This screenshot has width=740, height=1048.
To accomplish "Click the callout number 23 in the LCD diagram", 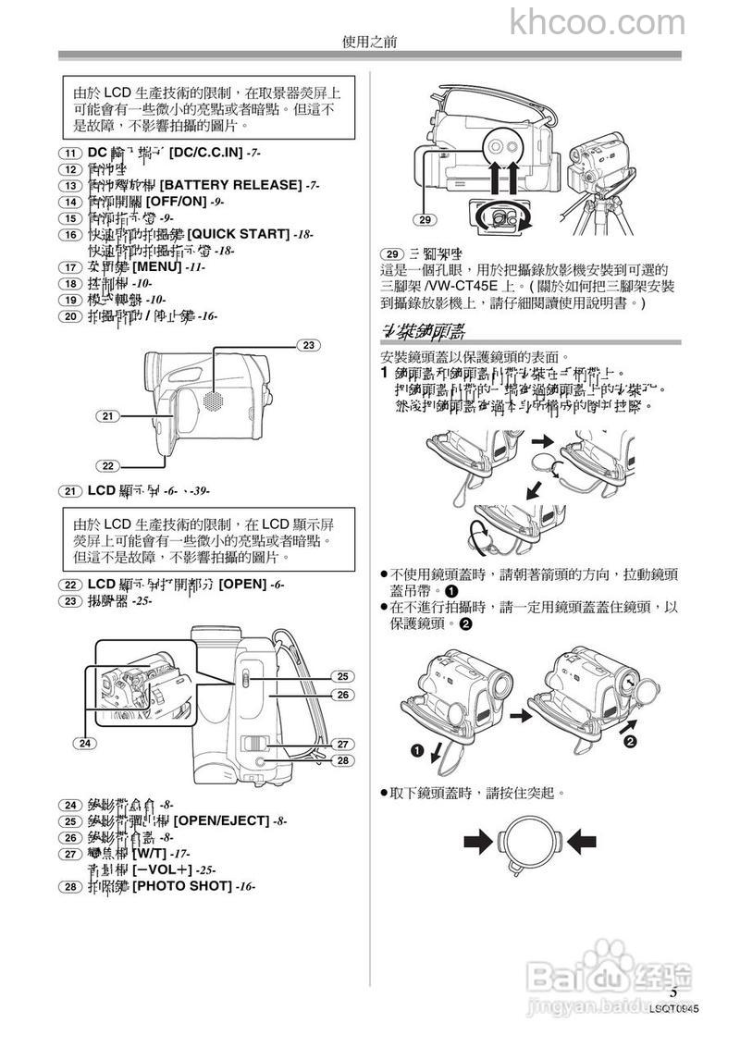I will tap(308, 345).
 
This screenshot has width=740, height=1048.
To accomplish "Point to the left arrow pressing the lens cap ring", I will tap(479, 840).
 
